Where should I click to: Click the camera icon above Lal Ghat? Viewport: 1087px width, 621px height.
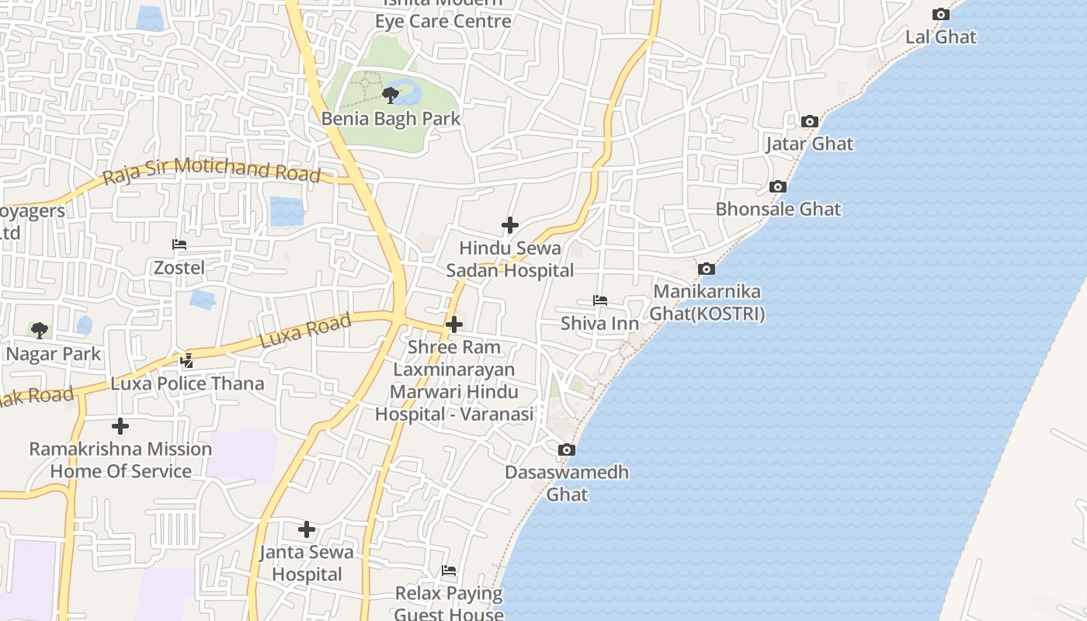940,14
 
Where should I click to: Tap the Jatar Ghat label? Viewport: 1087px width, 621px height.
809,144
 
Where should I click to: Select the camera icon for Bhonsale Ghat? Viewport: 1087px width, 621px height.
777,186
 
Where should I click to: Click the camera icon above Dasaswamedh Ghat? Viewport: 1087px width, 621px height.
567,449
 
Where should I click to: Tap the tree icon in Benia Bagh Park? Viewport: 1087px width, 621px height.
391,95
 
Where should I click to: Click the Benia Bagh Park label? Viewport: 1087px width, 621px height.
391,119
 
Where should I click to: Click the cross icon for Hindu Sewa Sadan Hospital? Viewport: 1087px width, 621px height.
509,225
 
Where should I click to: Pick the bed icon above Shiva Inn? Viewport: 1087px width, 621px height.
599,300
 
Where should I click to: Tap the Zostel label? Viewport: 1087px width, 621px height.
179,268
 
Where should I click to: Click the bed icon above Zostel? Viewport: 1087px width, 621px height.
179,245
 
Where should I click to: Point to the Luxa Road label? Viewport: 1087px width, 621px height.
305,331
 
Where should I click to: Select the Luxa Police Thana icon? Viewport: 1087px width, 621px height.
186,360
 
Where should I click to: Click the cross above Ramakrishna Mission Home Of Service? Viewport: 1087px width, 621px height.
120,425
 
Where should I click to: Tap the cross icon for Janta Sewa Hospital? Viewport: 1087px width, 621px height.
307,529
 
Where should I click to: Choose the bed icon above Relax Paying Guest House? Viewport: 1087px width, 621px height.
449,571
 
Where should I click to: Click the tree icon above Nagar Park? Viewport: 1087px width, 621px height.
40,331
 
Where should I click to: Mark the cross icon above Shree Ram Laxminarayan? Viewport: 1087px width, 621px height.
454,324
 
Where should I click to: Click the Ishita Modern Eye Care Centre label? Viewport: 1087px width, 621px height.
443,14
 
